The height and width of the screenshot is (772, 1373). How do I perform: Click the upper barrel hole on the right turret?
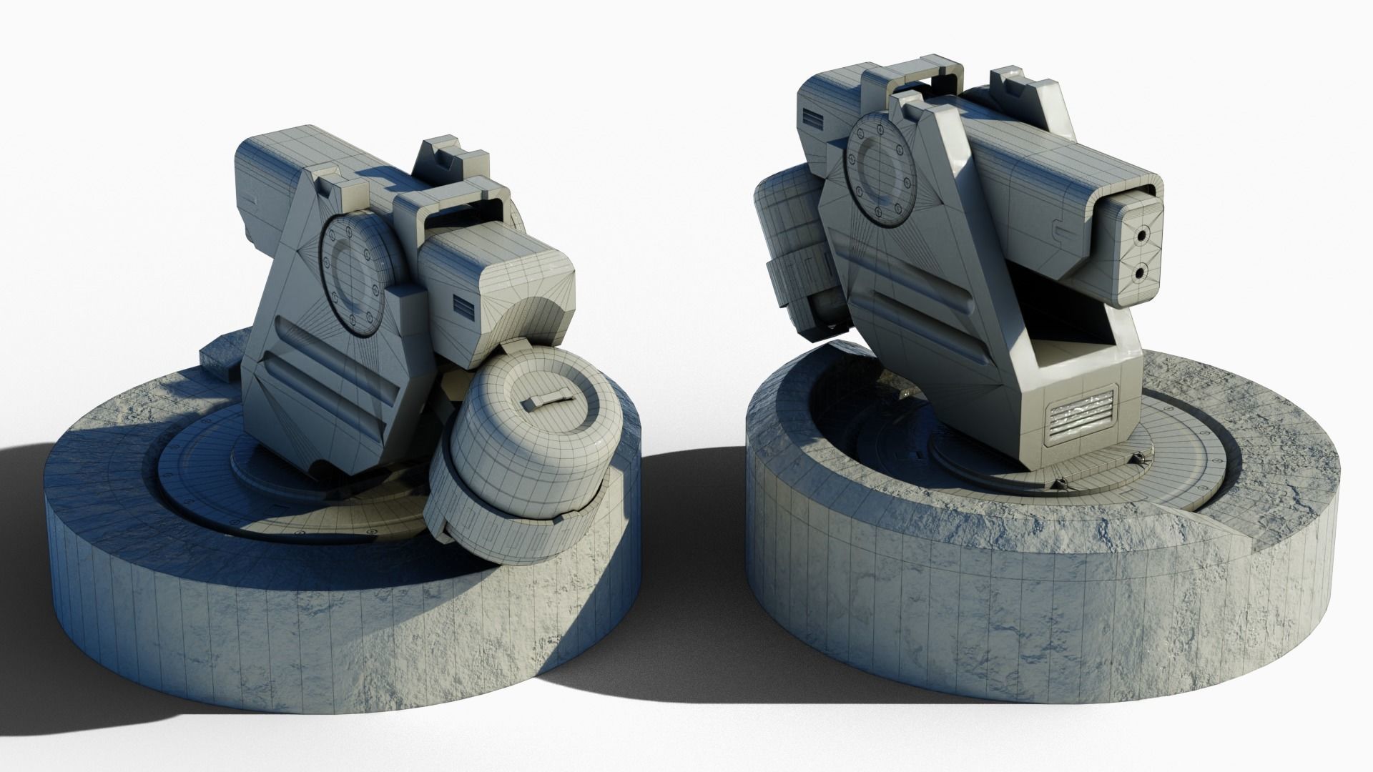click(1141, 234)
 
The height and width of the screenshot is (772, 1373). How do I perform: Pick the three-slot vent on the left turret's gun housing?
click(464, 307)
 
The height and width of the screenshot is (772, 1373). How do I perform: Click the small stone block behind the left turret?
click(219, 362)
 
